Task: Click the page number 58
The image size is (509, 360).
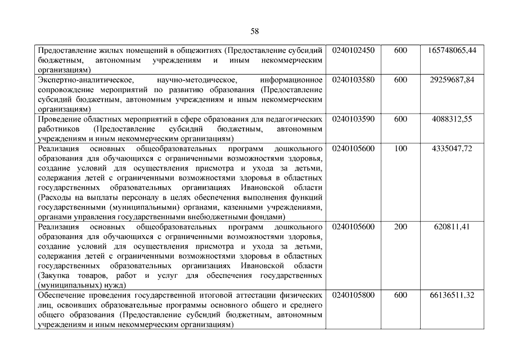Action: (x=254, y=31)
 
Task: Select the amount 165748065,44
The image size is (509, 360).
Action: (x=452, y=50)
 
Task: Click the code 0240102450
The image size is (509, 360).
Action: (x=353, y=50)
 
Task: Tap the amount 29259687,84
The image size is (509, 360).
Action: (x=452, y=80)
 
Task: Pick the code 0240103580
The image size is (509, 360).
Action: (x=353, y=80)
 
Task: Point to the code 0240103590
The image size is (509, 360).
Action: (x=353, y=119)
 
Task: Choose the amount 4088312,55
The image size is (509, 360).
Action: (x=452, y=119)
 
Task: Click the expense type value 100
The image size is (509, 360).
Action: (x=400, y=149)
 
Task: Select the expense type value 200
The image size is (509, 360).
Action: (x=400, y=227)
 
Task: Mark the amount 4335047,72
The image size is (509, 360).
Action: (x=452, y=149)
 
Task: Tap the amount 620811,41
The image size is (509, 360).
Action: (x=452, y=227)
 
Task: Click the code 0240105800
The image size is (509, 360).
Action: (x=353, y=295)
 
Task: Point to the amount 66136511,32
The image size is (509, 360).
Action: (x=452, y=295)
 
